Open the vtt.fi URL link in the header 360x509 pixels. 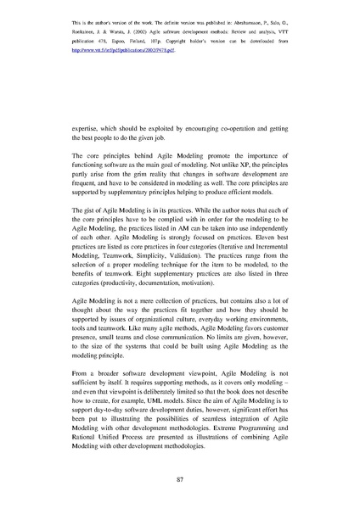[127, 50]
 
